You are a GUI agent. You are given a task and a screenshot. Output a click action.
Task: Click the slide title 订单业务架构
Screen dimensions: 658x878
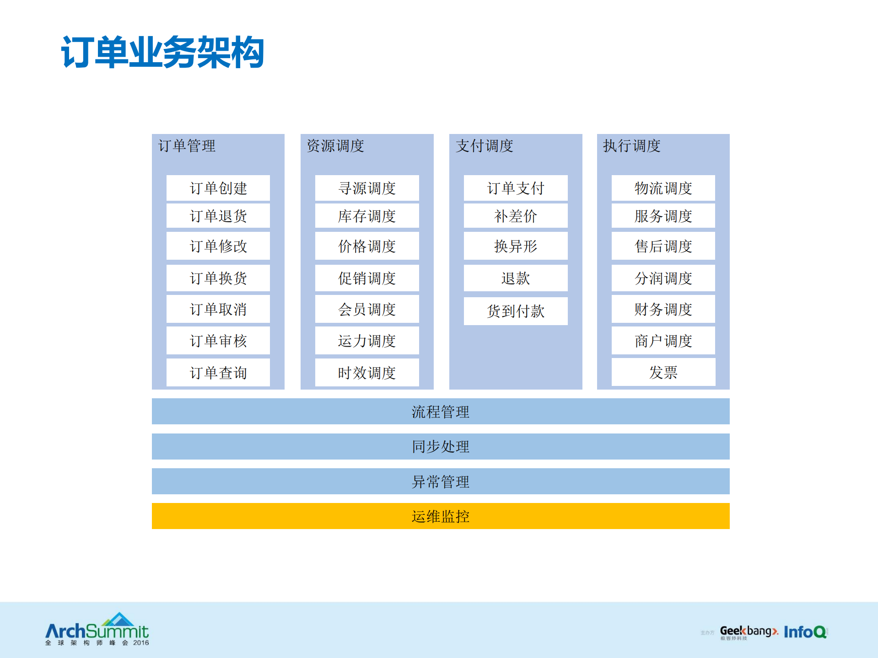162,53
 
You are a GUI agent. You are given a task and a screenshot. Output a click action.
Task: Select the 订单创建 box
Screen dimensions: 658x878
218,188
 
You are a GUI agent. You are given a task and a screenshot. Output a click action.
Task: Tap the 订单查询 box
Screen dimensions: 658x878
218,372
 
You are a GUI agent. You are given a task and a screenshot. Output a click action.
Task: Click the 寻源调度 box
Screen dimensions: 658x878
367,188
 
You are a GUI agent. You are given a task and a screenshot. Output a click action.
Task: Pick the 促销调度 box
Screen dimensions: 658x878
367,278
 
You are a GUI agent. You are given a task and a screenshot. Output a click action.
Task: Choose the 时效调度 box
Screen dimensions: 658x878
367,372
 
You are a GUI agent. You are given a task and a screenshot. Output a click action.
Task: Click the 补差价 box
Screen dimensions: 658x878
516,216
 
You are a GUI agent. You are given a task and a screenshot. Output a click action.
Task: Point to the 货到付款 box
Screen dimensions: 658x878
516,311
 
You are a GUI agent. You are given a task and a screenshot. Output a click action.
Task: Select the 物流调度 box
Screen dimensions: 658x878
663,188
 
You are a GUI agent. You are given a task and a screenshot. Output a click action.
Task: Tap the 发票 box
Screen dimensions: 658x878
663,372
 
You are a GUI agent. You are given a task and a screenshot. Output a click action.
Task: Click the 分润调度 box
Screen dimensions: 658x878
663,278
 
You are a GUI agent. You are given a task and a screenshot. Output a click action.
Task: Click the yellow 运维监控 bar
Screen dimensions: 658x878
441,516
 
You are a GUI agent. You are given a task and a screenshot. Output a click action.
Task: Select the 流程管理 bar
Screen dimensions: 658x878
441,412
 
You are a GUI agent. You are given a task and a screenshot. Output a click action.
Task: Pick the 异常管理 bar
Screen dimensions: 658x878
441,481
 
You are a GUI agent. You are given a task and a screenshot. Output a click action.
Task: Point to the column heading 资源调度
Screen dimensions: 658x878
335,146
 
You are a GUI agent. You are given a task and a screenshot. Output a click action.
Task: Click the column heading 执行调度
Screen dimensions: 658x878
632,146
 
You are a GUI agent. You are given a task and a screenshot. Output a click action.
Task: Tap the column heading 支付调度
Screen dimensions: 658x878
485,146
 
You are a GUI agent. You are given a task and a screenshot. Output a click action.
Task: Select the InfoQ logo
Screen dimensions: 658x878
805,632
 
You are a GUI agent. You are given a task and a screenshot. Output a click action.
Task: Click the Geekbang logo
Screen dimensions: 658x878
749,632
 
